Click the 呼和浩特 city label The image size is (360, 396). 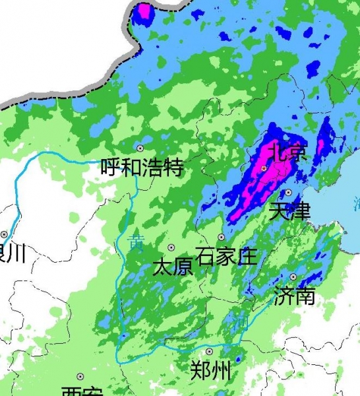tap(141, 167)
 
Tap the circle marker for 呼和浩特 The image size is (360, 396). tap(140, 148)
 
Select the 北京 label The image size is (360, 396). tap(289, 154)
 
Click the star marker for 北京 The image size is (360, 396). tap(264, 169)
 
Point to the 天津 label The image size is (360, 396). tap(289, 212)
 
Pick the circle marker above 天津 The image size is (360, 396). tap(288, 192)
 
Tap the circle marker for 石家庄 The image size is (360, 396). tap(222, 237)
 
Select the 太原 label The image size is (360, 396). tap(172, 267)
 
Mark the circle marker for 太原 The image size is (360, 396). tap(171, 247)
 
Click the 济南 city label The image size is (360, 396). tap(294, 296)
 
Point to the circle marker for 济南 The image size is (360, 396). tap(293, 277)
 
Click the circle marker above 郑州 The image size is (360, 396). tap(209, 352)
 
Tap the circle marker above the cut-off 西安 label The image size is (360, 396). tap(80, 376)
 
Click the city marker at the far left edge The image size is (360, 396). tap(4, 234)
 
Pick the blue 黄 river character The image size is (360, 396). tap(136, 243)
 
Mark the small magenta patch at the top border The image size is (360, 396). tap(143, 12)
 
